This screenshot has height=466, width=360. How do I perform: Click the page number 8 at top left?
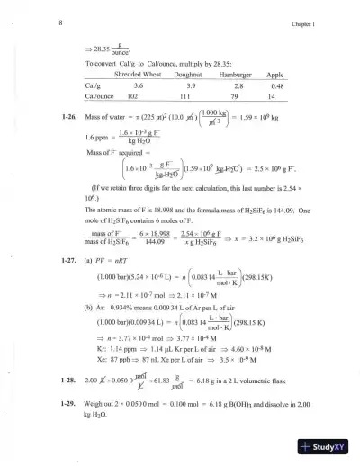pyautogui.click(x=60, y=16)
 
